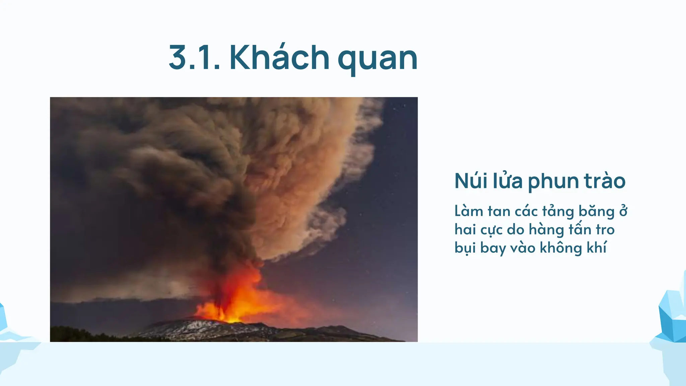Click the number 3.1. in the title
tap(194, 58)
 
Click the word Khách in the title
tap(280, 58)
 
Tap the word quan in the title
tap(378, 60)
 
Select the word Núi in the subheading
tap(471, 181)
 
